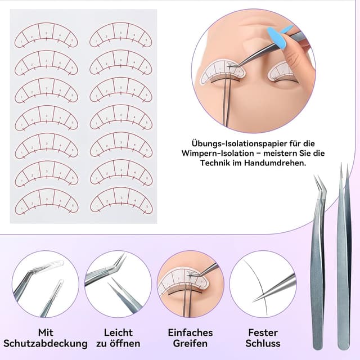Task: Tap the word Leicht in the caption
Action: pyautogui.click(x=118, y=332)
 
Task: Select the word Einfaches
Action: pyautogui.click(x=191, y=332)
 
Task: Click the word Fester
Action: pyautogui.click(x=263, y=332)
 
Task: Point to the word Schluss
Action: pyautogui.click(x=263, y=343)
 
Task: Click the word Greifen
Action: pyautogui.click(x=191, y=343)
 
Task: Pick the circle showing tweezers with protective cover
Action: pyautogui.click(x=46, y=285)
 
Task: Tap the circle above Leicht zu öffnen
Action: pyautogui.click(x=118, y=285)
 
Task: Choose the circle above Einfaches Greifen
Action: pyautogui.click(x=191, y=285)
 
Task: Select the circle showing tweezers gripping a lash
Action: pyautogui.click(x=263, y=285)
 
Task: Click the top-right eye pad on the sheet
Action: pyautogui.click(x=121, y=36)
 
